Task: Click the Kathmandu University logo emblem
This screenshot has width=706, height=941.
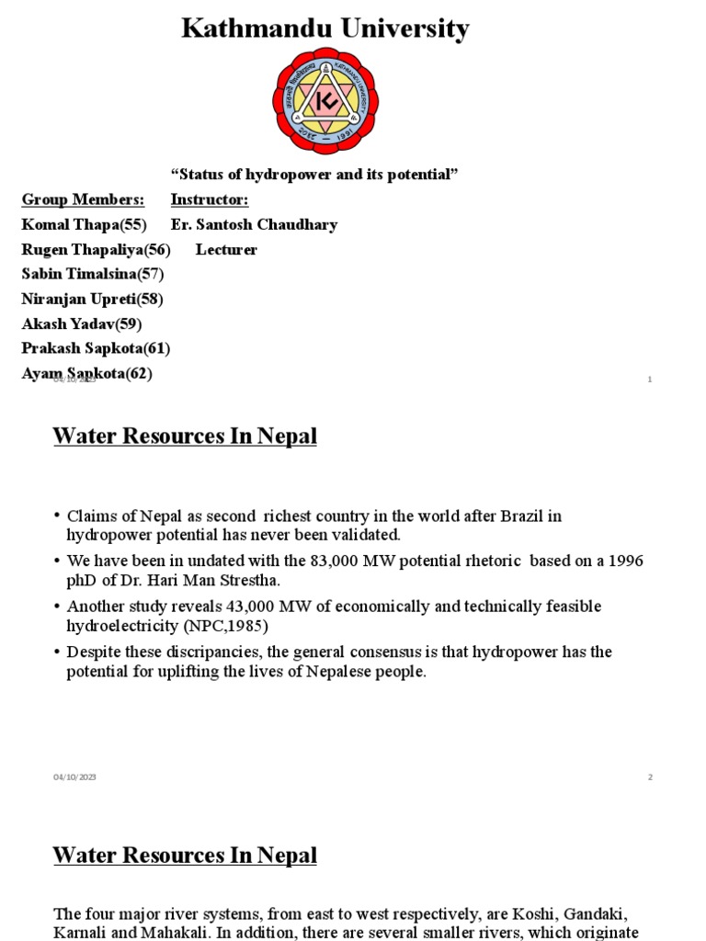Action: pos(325,101)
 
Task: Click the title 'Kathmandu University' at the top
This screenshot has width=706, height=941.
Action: pos(325,28)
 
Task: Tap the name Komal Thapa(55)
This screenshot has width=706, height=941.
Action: pos(84,224)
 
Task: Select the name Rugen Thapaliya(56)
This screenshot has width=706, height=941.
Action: pos(96,249)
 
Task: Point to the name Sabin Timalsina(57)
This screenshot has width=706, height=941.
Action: pos(93,274)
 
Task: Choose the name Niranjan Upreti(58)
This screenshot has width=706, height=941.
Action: pos(92,299)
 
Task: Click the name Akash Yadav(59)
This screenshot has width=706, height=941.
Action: pos(81,323)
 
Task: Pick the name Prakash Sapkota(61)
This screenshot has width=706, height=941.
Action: pos(96,348)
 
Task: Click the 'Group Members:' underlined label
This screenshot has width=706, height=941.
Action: pos(83,199)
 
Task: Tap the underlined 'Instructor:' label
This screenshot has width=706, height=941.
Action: pos(210,199)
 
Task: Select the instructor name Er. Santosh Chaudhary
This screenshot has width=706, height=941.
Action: pos(254,224)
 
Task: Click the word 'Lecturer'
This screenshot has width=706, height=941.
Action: pos(226,249)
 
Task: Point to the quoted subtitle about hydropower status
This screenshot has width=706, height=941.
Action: pos(314,175)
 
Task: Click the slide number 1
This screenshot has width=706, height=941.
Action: pos(650,380)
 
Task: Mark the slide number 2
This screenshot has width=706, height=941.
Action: pos(650,777)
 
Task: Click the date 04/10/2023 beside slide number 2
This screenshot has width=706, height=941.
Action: pos(74,777)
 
